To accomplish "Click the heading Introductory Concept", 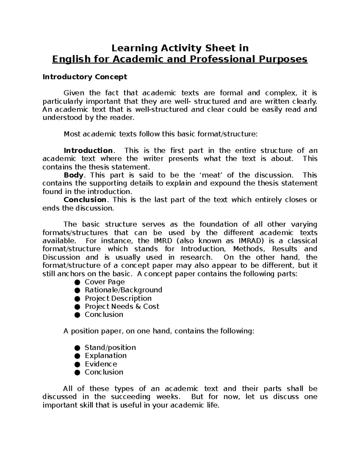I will tap(85, 77).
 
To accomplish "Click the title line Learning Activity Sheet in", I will tap(180, 48).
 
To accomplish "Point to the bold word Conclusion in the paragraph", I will tap(85, 200).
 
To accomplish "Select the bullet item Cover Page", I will tap(105, 282).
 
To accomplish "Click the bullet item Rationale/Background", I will tap(123, 290).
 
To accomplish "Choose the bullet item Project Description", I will tap(118, 299).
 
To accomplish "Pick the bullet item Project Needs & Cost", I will tap(122, 307).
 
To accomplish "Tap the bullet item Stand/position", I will tap(110, 348).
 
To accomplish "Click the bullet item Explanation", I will tap(106, 356).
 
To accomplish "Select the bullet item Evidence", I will tap(101, 364).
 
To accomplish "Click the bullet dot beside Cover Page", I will tap(77, 282).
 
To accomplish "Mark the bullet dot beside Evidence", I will tap(77, 365).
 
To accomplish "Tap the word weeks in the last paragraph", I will tap(169, 397).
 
